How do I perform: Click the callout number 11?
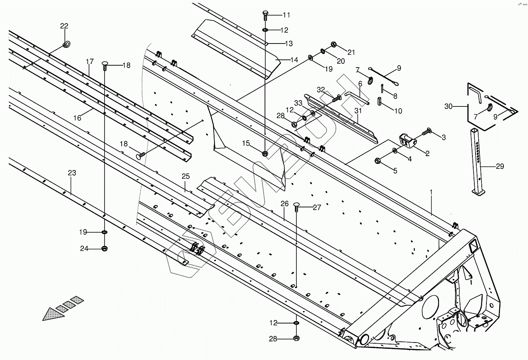[x=286, y=15]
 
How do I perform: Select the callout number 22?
[x=64, y=26]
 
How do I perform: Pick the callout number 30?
[x=448, y=106]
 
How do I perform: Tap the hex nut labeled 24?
[x=105, y=249]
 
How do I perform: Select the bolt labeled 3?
[x=426, y=132]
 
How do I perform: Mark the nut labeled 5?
[x=377, y=160]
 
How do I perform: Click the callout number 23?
[x=72, y=173]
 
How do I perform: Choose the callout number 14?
[x=294, y=60]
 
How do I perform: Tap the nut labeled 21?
[x=333, y=44]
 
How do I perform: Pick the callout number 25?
[x=186, y=176]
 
